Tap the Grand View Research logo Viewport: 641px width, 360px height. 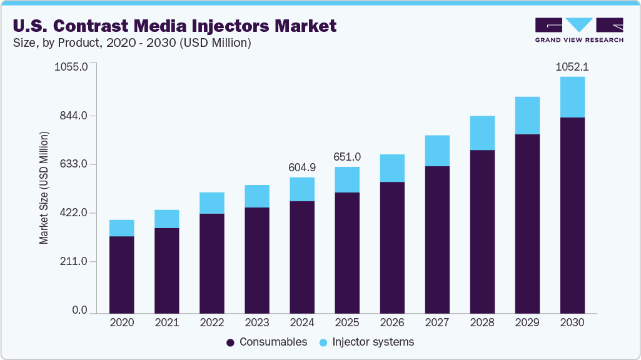pyautogui.click(x=578, y=29)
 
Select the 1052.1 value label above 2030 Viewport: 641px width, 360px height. pyautogui.click(x=572, y=66)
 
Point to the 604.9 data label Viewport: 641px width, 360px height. pyautogui.click(x=302, y=167)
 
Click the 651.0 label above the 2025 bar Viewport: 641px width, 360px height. pyautogui.click(x=347, y=156)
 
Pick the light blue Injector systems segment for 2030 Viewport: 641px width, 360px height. pyautogui.click(x=572, y=97)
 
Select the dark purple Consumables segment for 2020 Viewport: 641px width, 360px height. pyautogui.click(x=121, y=274)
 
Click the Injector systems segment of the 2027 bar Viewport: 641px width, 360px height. pyautogui.click(x=437, y=151)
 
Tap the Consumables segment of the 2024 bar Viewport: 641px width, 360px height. pyautogui.click(x=302, y=257)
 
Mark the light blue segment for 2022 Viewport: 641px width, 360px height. pyautogui.click(x=212, y=203)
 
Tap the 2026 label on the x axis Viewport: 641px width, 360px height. pyautogui.click(x=392, y=323)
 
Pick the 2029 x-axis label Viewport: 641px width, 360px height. pyautogui.click(x=527, y=323)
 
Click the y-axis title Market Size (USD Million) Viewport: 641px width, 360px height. pyautogui.click(x=44, y=187)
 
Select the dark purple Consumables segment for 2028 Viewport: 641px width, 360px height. pyautogui.click(x=482, y=231)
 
